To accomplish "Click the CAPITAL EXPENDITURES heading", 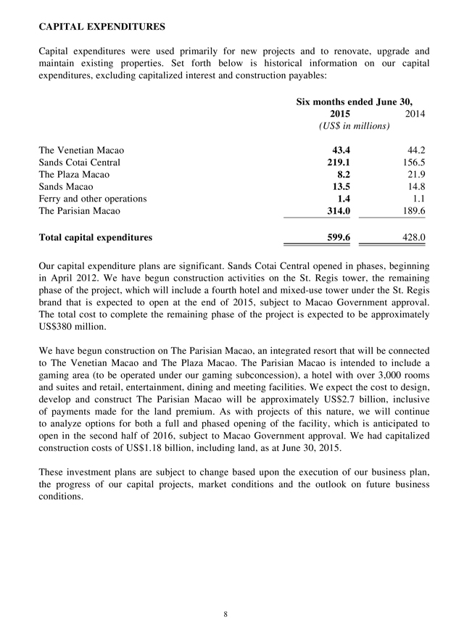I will (x=102, y=27).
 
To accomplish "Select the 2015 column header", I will (x=339, y=114).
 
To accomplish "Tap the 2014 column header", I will (x=415, y=114).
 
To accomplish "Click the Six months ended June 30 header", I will (x=359, y=101).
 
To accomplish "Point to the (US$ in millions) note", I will (x=354, y=127).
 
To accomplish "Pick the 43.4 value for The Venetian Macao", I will (x=339, y=150).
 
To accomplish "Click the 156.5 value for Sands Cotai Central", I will (x=414, y=162).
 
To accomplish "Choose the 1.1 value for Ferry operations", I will (x=418, y=199).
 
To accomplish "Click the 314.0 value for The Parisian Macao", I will (x=337, y=211).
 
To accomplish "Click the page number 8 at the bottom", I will (x=225, y=614).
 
